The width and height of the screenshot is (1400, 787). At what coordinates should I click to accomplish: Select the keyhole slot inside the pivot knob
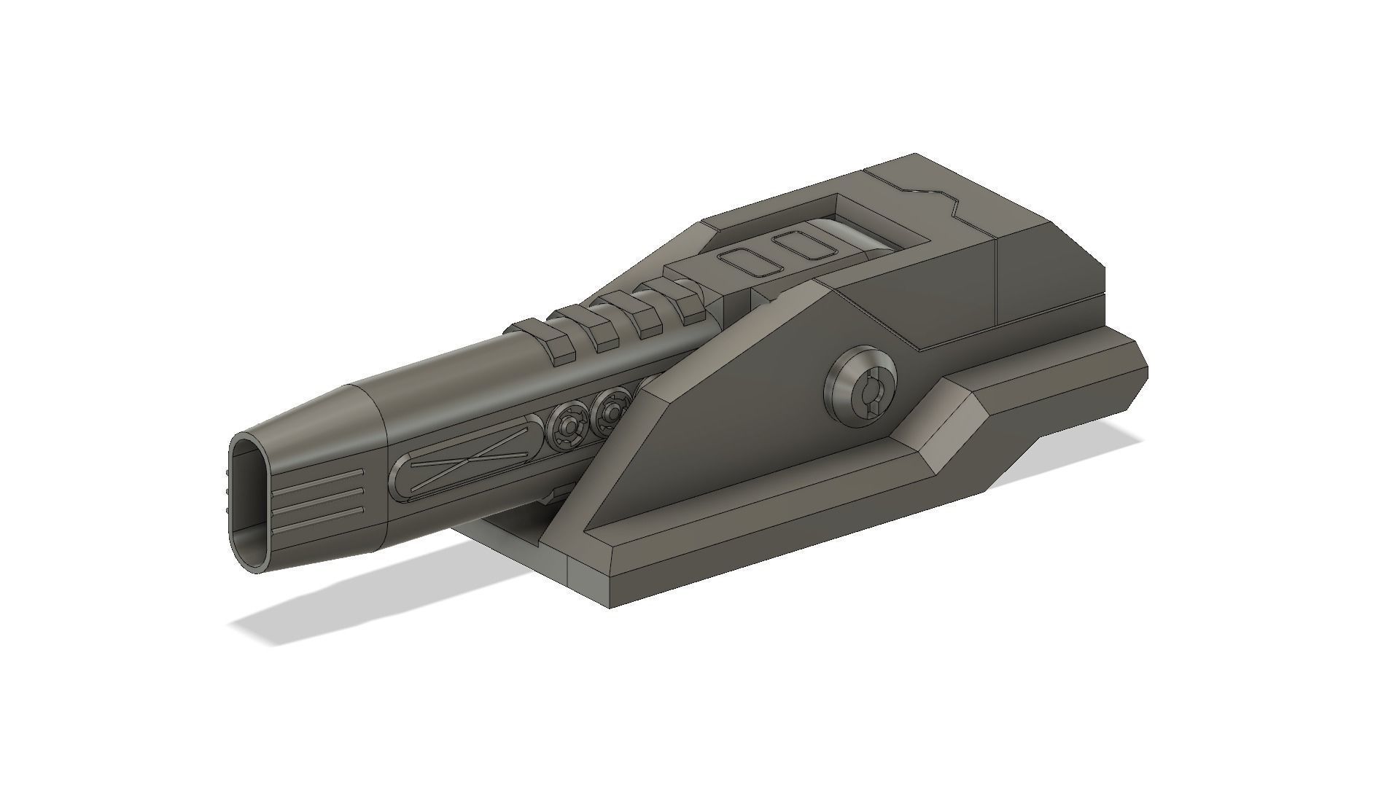(869, 399)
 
